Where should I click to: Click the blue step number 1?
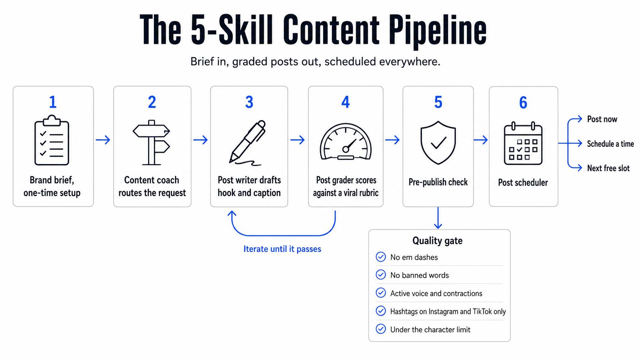53,102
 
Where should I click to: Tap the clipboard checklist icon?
52,140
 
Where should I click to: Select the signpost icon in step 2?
152,142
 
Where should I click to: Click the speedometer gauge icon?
346,141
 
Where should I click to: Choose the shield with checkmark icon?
438,142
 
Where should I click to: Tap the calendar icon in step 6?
523,143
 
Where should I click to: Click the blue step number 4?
345,102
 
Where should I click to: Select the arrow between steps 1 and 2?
103,140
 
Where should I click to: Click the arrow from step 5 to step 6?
480,140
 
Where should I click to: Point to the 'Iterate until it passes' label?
282,249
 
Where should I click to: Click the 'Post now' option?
602,119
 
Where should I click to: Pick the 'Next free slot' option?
608,168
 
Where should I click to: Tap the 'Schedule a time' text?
610,143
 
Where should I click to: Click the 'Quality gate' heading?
438,241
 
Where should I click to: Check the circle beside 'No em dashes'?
380,257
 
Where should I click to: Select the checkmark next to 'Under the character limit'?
380,329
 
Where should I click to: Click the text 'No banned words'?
420,275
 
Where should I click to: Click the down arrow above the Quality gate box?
438,218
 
